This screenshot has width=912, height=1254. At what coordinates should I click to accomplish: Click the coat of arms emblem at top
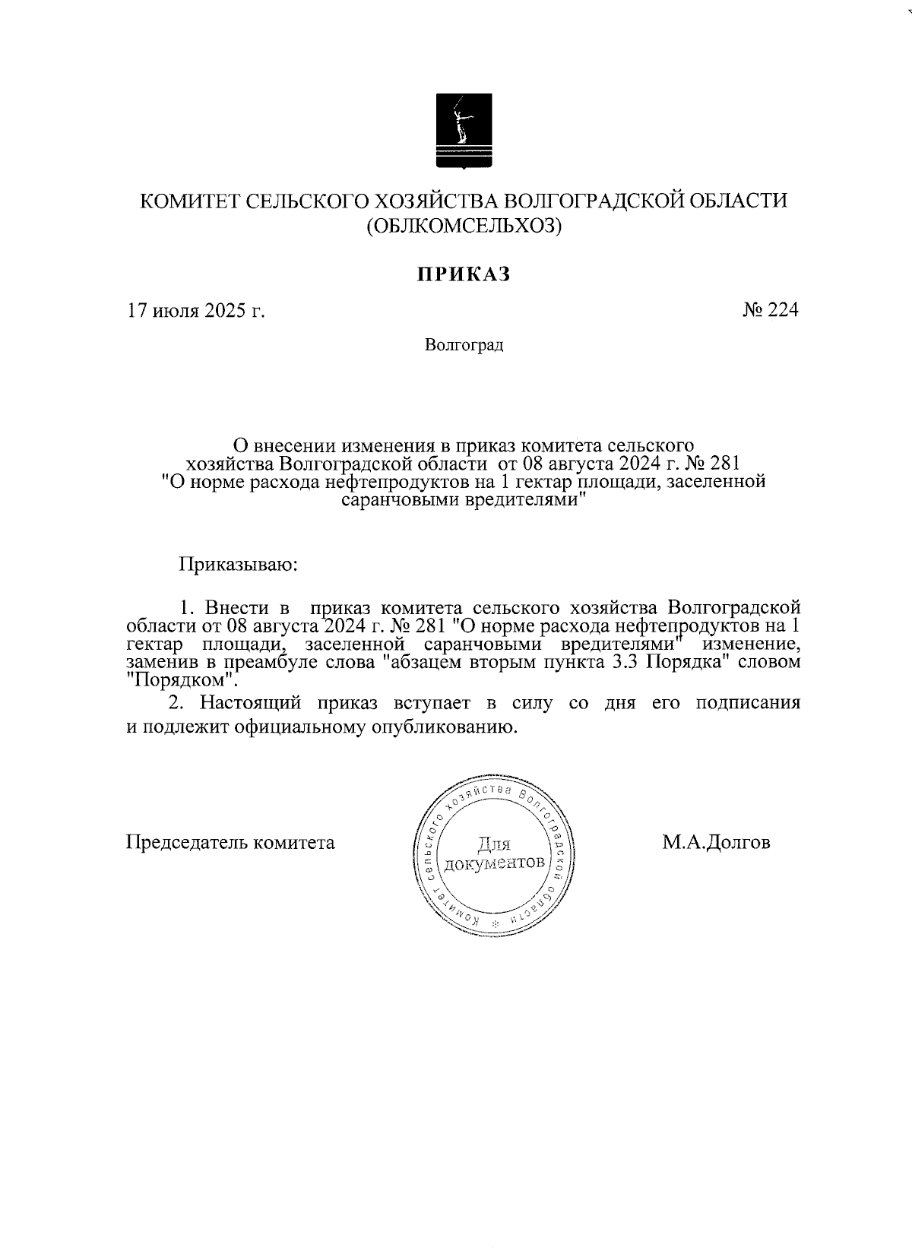tap(464, 130)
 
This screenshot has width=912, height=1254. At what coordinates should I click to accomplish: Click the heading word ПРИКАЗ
tap(463, 274)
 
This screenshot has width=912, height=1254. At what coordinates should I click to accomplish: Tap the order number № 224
tap(770, 310)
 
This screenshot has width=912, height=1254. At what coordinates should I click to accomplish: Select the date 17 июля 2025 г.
tap(195, 311)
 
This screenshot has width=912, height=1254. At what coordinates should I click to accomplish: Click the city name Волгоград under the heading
tap(464, 346)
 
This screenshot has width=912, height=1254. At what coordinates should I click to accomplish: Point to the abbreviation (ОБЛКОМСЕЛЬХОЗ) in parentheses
tap(464, 226)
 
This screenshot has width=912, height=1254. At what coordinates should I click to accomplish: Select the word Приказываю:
tap(238, 565)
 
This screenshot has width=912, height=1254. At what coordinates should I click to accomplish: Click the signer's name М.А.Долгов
tap(716, 842)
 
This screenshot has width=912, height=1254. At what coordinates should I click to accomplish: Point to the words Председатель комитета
tap(230, 843)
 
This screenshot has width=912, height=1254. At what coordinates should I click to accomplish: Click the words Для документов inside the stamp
tap(494, 854)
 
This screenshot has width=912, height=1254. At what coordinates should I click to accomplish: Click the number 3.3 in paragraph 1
tap(626, 661)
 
